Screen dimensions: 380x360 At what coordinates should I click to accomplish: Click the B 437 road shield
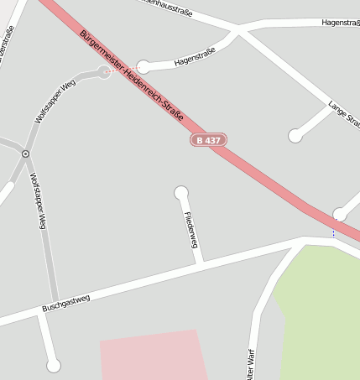tap(208, 140)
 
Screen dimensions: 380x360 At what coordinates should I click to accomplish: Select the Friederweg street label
tap(190, 230)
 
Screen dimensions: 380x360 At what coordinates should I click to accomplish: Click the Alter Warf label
tap(250, 361)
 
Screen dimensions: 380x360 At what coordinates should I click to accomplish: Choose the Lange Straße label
tap(344, 114)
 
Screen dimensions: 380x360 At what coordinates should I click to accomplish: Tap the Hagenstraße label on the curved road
tap(195, 56)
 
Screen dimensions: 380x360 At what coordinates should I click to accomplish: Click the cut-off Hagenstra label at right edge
tap(340, 23)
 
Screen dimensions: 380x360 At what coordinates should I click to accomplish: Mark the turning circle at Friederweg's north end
tap(180, 193)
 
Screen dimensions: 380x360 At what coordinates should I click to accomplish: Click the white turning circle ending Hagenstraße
tap(143, 66)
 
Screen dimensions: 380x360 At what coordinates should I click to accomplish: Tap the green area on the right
tap(323, 310)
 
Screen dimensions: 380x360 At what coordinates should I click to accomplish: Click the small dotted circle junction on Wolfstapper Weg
tap(26, 154)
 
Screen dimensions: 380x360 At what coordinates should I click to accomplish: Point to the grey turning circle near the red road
tap(104, 73)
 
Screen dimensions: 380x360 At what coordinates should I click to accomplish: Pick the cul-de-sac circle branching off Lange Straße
tap(295, 135)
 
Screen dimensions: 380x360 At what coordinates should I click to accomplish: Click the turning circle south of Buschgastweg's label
tap(54, 365)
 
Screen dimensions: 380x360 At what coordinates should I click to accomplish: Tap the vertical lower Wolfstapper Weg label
tap(37, 201)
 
